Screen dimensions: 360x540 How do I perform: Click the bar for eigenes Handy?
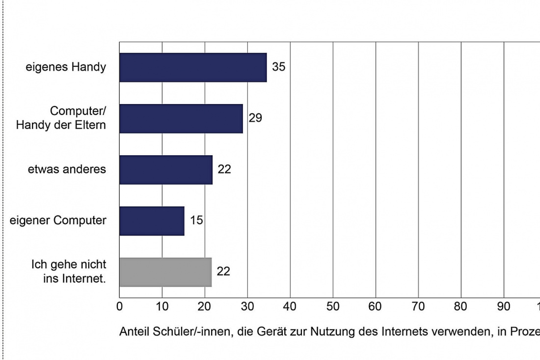coord(193,67)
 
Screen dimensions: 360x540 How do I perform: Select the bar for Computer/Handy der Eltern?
coord(181,118)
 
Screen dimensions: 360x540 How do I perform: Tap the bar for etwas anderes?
coord(166,169)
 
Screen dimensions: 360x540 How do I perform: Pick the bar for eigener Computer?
coord(152,221)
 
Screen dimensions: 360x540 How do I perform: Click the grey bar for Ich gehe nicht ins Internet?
coord(165,272)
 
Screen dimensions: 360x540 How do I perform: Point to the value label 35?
coord(278,67)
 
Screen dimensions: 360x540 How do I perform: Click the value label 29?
coord(255,118)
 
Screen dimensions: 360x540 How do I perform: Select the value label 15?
coord(196,221)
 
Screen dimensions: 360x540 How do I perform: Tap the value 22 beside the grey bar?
coord(223,272)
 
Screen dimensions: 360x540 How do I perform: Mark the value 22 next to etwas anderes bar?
coord(224,169)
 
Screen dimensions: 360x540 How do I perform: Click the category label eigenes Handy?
coord(66,67)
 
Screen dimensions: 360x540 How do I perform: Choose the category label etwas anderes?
coord(67,169)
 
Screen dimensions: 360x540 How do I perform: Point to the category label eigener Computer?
coord(58,221)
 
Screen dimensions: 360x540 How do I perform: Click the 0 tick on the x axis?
coord(119,306)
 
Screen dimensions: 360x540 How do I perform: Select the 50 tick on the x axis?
coord(333,306)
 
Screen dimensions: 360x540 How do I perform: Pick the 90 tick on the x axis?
coord(504,306)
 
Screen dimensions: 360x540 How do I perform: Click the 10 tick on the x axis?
coord(162,306)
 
